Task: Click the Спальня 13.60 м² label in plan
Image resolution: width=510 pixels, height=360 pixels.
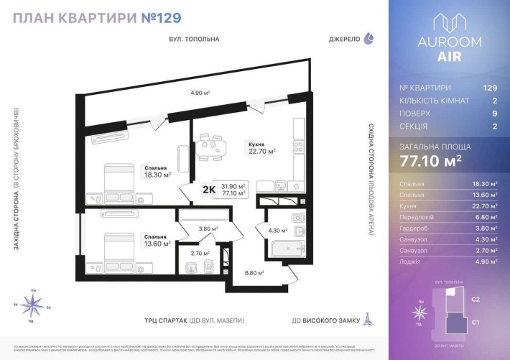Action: [x=157, y=240]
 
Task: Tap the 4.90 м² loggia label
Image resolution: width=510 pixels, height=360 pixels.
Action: [x=199, y=93]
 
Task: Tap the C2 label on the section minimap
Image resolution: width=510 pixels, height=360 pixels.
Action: [x=476, y=299]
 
